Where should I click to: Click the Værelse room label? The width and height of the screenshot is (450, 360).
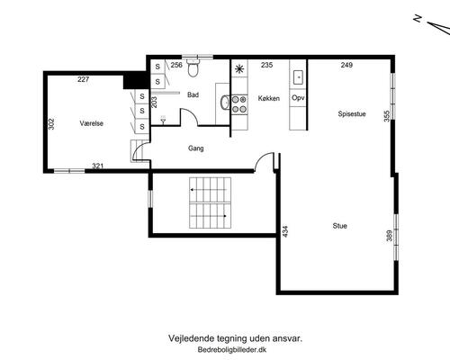92,123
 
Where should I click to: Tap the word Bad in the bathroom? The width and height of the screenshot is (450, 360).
193,94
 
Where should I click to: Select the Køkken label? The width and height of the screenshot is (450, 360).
269,98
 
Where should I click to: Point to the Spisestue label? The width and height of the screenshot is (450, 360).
352,114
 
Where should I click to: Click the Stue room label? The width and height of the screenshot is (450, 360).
340,226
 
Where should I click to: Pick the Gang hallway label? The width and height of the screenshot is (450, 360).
196,148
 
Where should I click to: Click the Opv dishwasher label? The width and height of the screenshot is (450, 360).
298,98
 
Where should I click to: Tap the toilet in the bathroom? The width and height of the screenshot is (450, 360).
192,67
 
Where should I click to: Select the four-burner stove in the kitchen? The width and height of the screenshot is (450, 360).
239,104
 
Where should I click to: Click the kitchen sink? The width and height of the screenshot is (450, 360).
298,77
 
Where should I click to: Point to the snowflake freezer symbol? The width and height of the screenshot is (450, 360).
239,69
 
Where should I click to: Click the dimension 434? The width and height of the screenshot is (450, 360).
285,231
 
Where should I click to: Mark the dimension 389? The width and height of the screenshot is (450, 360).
390,236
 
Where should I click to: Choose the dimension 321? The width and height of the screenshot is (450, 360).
98,166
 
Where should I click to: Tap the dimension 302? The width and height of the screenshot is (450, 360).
51,124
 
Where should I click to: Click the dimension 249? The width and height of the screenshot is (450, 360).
346,65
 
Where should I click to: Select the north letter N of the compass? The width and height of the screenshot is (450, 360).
418,19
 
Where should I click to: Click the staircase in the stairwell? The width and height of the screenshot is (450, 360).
210,202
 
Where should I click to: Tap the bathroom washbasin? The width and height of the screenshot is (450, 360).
224,103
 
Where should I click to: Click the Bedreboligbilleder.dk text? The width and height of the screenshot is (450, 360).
232,349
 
